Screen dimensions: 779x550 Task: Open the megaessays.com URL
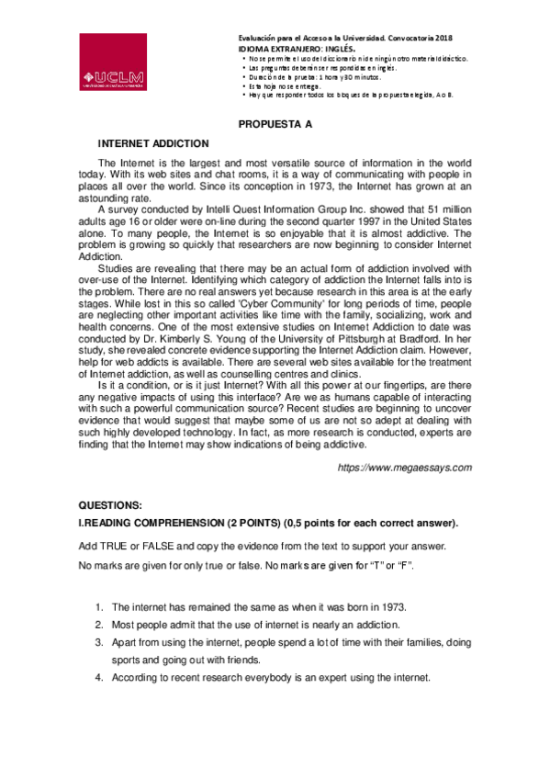coord(405,468)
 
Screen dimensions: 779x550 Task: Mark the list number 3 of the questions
coord(98,642)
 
